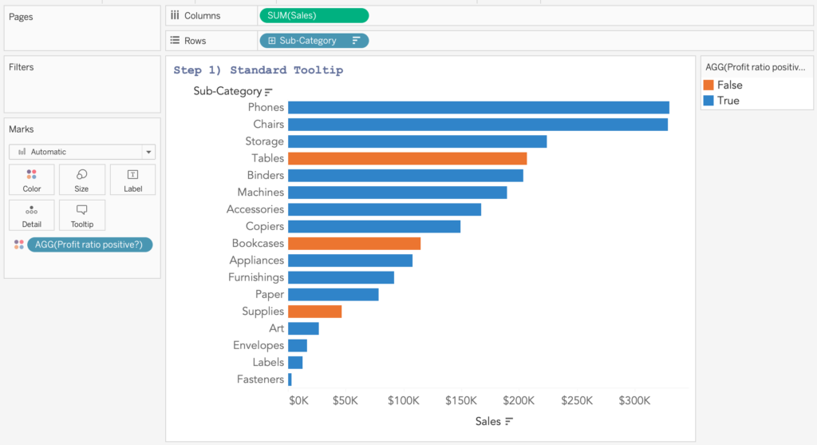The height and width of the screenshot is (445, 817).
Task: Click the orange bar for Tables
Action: [407, 158]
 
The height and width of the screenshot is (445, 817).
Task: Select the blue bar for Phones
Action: [478, 107]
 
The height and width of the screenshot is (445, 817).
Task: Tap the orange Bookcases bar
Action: [354, 243]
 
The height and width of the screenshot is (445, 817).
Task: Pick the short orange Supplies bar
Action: [314, 312]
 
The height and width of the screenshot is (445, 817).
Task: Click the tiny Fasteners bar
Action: [290, 379]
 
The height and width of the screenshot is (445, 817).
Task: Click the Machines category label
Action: [260, 193]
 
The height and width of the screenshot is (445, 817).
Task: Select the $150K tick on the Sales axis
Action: [461, 400]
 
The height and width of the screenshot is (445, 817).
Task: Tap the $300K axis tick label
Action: [634, 400]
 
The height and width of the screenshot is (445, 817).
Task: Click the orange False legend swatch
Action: [708, 85]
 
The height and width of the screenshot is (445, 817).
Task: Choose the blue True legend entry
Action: [721, 101]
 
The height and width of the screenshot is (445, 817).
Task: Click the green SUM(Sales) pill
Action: [314, 15]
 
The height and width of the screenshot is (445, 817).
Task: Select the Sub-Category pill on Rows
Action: [314, 41]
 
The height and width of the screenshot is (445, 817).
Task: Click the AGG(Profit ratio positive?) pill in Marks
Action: [89, 244]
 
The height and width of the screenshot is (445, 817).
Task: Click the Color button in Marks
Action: [32, 180]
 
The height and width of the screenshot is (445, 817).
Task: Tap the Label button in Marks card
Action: [132, 180]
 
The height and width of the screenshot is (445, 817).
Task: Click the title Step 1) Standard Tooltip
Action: [258, 70]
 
